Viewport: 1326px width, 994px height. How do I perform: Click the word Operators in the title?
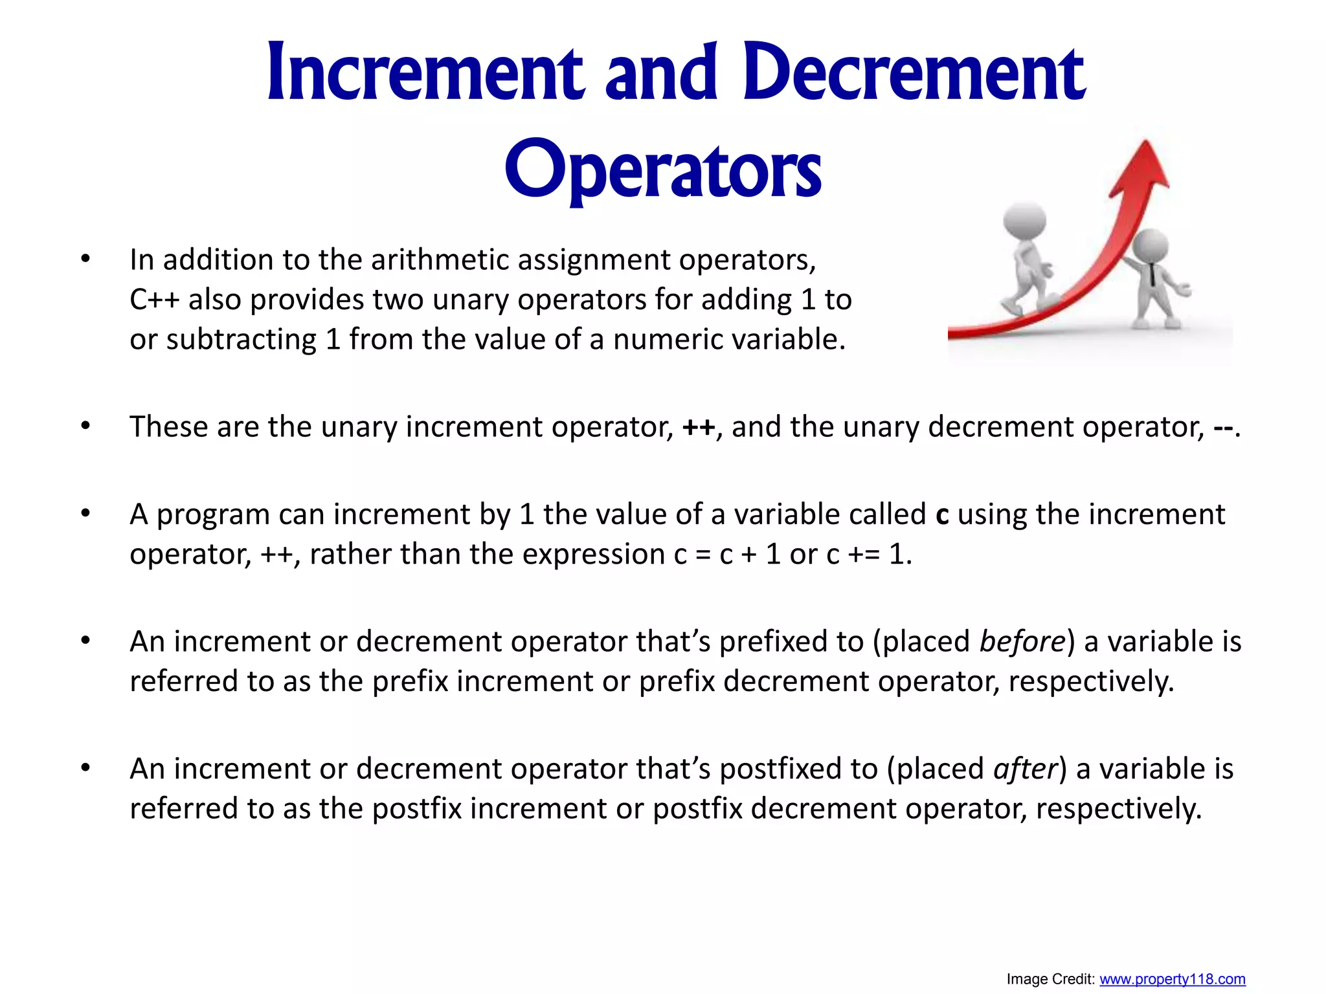pos(663,170)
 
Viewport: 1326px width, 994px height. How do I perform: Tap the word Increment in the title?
pos(425,72)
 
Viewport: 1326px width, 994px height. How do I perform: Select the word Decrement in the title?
pos(913,72)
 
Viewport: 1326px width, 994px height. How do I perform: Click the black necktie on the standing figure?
pos(1153,275)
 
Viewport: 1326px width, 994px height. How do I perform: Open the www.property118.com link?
pos(1172,979)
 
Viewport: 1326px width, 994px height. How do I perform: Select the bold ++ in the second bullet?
pos(699,428)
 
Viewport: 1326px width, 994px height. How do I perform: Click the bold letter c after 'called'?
pos(942,515)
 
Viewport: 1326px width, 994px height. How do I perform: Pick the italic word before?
pos(1022,641)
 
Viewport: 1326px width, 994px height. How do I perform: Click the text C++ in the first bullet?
pos(154,300)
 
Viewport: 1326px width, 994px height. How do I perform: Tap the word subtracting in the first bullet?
pos(241,340)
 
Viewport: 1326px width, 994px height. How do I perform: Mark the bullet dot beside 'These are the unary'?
pos(85,426)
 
